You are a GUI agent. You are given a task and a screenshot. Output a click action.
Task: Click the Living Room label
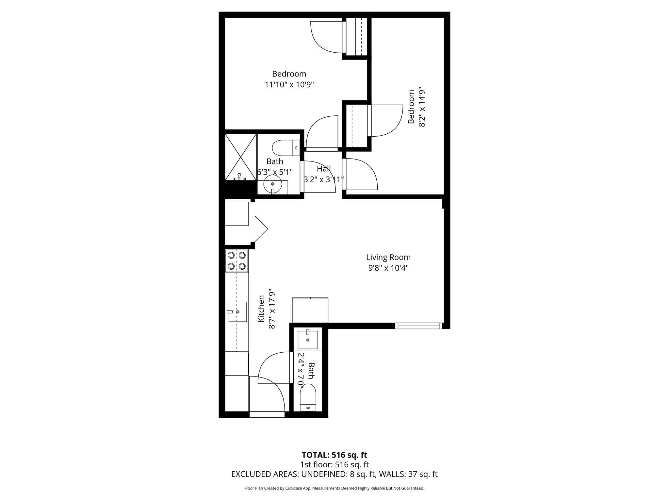coord(388,257)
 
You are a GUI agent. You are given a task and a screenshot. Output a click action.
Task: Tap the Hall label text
coord(324,169)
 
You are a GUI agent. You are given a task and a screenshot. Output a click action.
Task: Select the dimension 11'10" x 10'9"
coord(289,85)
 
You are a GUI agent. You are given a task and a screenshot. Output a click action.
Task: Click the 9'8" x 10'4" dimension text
coord(388,268)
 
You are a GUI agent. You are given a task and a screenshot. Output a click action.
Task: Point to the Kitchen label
coord(261,309)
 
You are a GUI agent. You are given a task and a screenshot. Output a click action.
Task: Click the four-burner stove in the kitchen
coord(237,261)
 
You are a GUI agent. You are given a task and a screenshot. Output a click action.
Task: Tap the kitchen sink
coord(237,312)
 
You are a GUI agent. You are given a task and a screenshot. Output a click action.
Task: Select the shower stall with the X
coord(241,157)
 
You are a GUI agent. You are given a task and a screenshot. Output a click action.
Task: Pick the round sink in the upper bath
coord(272,184)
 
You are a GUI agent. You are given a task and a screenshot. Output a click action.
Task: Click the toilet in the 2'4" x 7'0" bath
coord(308,398)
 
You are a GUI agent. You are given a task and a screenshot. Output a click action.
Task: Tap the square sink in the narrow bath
coord(308,340)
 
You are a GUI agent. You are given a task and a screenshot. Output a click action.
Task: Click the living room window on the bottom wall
coord(418,326)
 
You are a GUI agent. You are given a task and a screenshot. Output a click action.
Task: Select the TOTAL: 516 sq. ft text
coord(334,455)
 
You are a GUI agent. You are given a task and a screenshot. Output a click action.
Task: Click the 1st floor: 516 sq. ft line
coord(334,464)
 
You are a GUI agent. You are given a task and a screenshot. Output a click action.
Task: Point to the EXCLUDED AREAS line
coord(334,474)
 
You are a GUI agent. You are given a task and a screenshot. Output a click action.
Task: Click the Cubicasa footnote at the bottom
coord(334,488)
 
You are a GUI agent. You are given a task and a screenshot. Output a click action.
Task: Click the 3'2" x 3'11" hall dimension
coord(324,179)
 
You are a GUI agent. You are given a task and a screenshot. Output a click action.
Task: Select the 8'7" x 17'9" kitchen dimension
coord(272,309)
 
